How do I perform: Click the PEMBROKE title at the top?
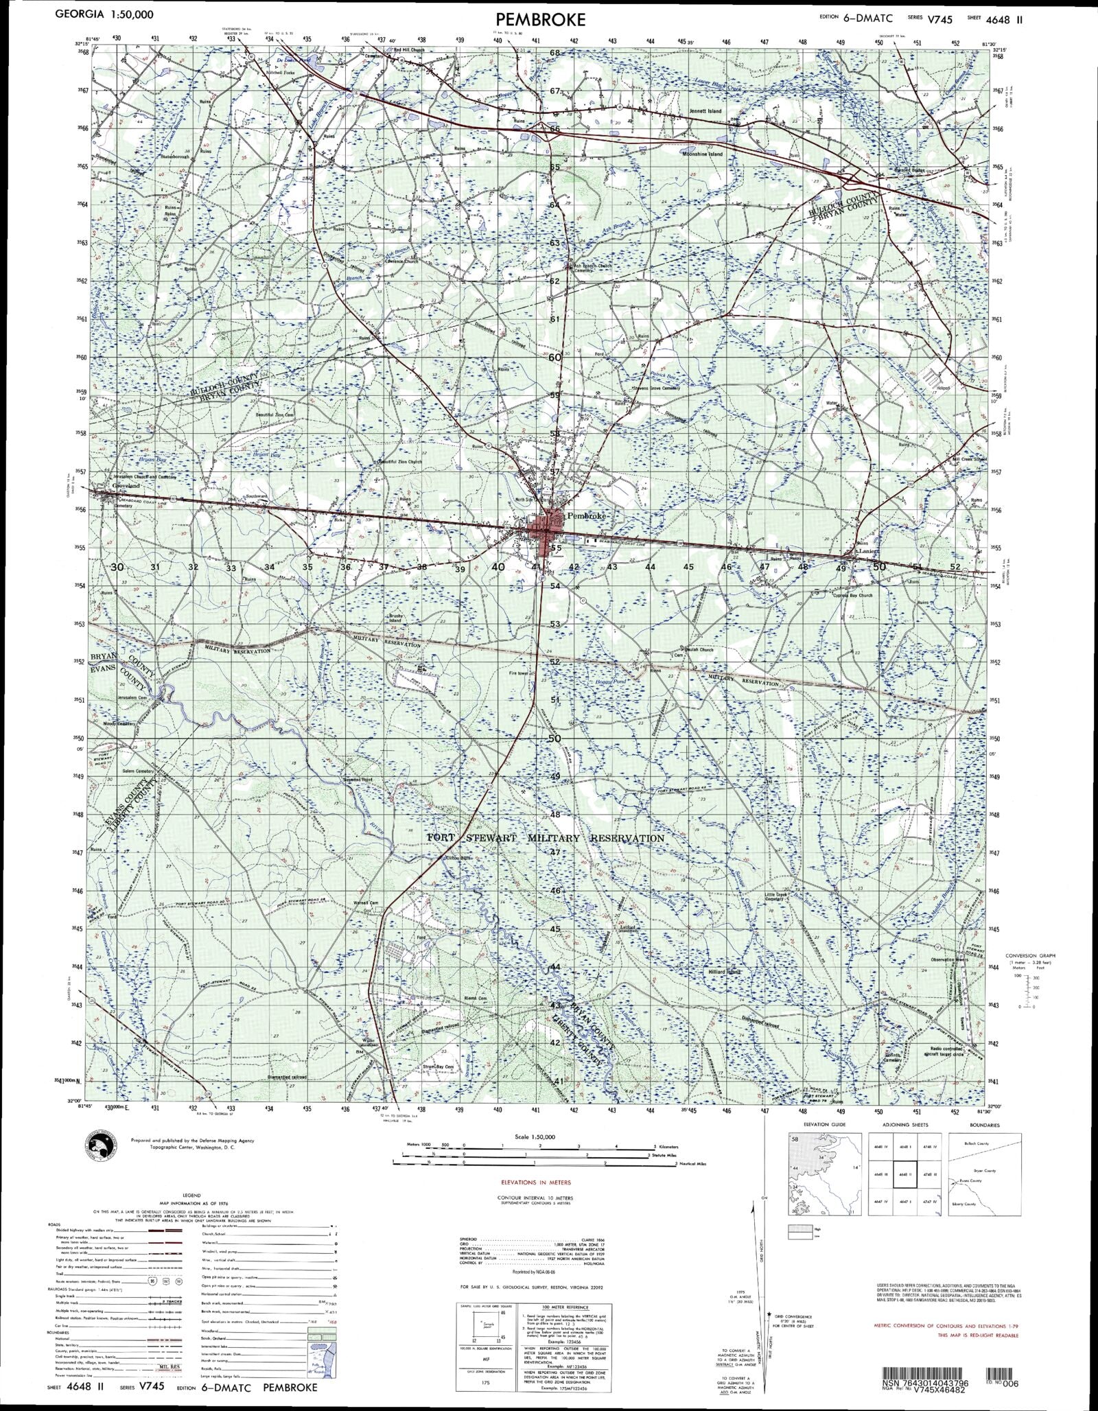pyautogui.click(x=549, y=19)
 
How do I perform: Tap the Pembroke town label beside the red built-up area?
pyautogui.click(x=584, y=515)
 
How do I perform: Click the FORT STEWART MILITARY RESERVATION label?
pyautogui.click(x=546, y=839)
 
